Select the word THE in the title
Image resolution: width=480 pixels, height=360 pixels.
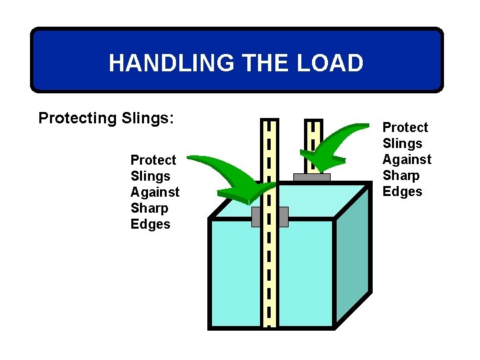[263, 63]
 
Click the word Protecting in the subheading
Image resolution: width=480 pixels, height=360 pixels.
[77, 119]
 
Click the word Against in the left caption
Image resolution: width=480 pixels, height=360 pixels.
[155, 192]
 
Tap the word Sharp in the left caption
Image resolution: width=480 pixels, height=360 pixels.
[150, 208]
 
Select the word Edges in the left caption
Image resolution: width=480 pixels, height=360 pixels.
[151, 224]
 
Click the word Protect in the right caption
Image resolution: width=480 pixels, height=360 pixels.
[405, 127]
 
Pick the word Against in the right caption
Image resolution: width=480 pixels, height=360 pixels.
[407, 159]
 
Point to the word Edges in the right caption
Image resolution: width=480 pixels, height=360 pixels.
[403, 191]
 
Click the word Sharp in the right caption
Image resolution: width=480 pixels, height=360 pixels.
[401, 175]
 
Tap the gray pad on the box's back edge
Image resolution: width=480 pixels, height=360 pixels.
[311, 177]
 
